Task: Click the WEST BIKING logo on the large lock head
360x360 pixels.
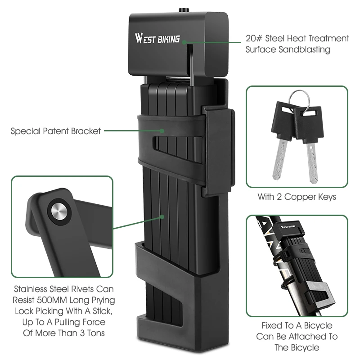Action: pyautogui.click(x=157, y=39)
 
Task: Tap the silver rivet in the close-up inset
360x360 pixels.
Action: pyautogui.click(x=59, y=211)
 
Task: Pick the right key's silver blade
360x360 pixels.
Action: pyautogui.click(x=312, y=162)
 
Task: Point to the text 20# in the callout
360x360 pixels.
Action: pyautogui.click(x=254, y=38)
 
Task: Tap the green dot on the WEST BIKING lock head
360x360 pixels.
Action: pyautogui.click(x=184, y=42)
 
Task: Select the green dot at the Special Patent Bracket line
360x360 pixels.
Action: pyautogui.click(x=162, y=131)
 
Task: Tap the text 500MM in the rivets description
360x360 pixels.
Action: pyautogui.click(x=52, y=300)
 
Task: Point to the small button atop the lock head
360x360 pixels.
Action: pyautogui.click(x=184, y=10)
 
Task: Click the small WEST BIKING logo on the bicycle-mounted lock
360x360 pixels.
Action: pyautogui.click(x=288, y=227)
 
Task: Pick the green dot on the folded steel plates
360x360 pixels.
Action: pyautogui.click(x=162, y=217)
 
